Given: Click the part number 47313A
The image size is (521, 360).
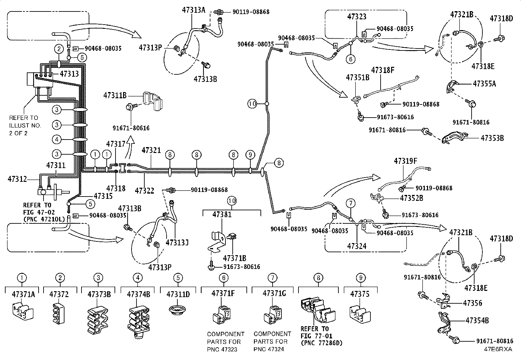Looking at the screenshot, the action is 193,10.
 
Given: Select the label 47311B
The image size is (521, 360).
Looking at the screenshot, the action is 115,95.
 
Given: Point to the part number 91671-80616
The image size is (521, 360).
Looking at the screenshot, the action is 131,128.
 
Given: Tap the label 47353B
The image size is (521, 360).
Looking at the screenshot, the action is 492,138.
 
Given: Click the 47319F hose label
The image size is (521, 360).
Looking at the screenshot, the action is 405,161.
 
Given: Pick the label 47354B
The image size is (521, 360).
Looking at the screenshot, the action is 477,320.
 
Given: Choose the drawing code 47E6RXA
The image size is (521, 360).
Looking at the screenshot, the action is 498,349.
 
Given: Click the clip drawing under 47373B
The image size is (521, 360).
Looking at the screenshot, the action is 98,320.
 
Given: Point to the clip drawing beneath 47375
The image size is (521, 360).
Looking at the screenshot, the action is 360,314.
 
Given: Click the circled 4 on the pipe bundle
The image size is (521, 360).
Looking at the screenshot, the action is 57,140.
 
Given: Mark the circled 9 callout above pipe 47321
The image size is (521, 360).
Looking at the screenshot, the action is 250,155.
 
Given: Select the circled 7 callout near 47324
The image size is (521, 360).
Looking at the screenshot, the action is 351,203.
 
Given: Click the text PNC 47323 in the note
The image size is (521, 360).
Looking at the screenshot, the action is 222,350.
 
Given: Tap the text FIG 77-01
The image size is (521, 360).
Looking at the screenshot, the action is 316,336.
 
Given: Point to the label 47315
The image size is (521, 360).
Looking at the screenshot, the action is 103,196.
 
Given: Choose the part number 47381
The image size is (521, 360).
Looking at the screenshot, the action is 222,214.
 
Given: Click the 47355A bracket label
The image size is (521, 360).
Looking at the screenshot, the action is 484,84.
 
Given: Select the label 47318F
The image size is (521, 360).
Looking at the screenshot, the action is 383,70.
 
